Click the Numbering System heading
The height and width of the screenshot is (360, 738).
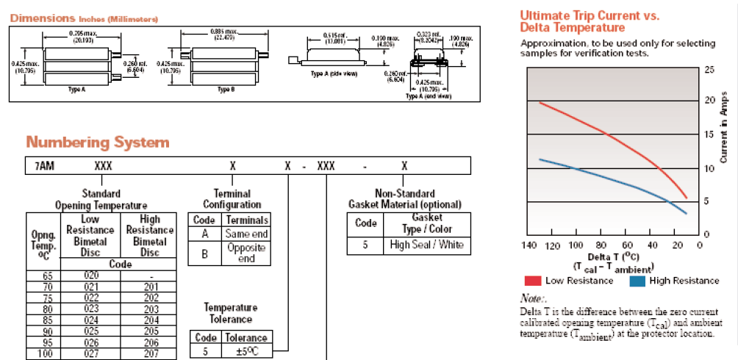pyautogui.click(x=98, y=143)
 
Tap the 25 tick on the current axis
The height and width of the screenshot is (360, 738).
pyautogui.click(x=709, y=70)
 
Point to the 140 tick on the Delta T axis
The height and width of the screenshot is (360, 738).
pyautogui.click(x=527, y=245)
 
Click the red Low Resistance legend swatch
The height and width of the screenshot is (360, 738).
pyautogui.click(x=534, y=280)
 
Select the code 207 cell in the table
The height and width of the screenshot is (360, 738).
pyautogui.click(x=149, y=354)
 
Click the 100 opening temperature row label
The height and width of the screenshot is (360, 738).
pyautogui.click(x=43, y=354)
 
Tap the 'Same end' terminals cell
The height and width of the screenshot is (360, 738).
pyautogui.click(x=246, y=234)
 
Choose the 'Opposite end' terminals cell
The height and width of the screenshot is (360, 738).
pyautogui.click(x=246, y=253)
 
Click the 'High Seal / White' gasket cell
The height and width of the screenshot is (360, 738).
pyautogui.click(x=427, y=245)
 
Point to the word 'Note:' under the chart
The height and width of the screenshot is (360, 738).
pyautogui.click(x=533, y=298)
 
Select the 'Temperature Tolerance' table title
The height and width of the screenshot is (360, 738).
pyautogui.click(x=231, y=313)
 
